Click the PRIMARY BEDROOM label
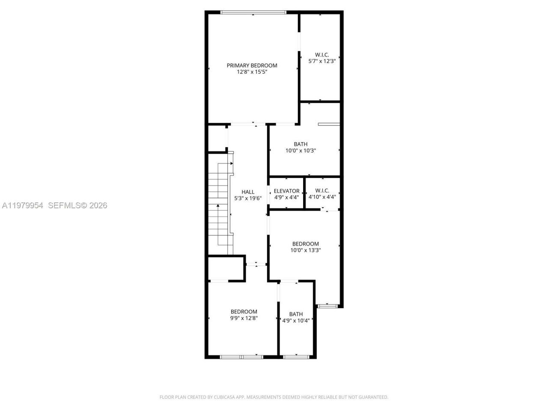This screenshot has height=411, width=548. point(252,66)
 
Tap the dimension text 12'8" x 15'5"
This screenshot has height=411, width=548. point(252,72)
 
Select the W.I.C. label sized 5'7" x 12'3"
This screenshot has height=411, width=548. point(322,55)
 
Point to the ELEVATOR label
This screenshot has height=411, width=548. point(286,191)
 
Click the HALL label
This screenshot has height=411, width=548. point(248,192)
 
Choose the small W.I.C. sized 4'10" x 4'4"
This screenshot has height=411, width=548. point(322,191)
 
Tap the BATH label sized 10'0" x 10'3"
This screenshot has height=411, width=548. point(301,144)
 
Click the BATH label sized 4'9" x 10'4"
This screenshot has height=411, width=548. point(296,314)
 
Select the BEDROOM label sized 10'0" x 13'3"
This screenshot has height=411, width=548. point(306,244)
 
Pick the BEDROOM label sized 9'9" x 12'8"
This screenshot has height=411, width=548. point(244,312)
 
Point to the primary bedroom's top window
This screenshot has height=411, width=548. point(253,12)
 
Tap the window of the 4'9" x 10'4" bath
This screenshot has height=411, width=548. point(296,356)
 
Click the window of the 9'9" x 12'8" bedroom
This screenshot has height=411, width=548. point(242,356)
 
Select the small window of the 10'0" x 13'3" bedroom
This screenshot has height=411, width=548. point(328,306)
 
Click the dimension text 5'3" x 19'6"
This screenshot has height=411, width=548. point(248,199)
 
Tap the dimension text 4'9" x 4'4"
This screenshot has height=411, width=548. point(286,197)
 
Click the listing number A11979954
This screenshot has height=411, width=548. point(23,205)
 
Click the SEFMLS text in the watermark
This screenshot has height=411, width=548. point(64,205)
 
